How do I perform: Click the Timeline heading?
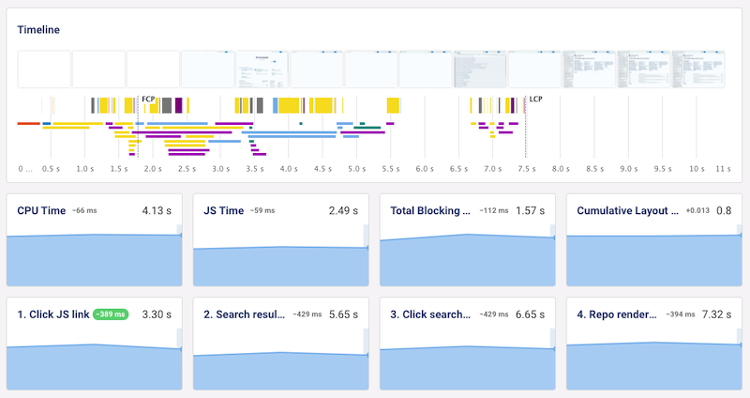38,29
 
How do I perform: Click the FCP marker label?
147,99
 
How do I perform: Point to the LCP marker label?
535,99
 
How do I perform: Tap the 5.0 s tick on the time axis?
356,169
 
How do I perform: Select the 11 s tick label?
723,169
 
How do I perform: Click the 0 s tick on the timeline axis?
24,169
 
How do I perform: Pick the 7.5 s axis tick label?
526,169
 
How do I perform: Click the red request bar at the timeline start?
28,123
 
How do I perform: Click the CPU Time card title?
41,211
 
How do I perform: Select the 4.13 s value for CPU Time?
158,211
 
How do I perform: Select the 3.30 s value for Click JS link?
158,314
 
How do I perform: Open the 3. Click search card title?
430,314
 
